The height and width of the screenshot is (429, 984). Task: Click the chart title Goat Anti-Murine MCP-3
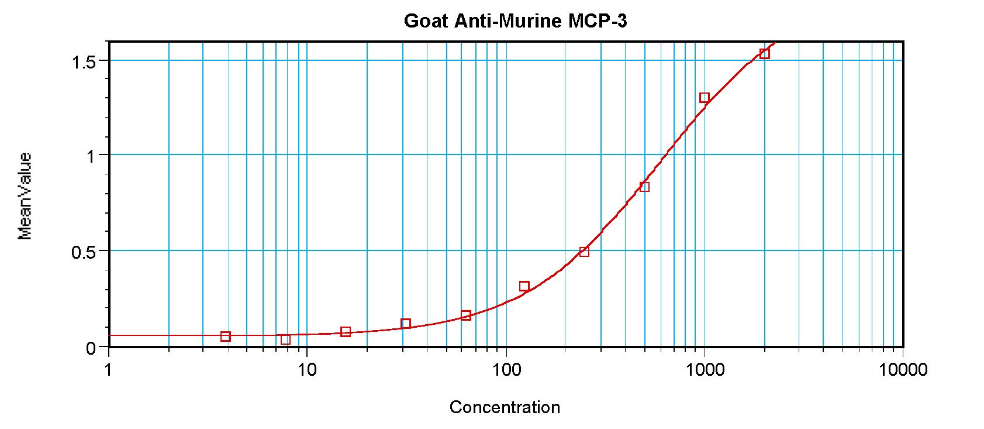[x=515, y=21]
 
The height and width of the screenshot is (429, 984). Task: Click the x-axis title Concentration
[x=505, y=407]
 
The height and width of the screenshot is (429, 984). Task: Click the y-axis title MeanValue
[x=25, y=195]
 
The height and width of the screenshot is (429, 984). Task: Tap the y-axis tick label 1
[x=91, y=156]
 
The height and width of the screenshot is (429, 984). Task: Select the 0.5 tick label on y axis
[x=84, y=252]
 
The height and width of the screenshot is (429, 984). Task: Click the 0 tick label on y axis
[x=91, y=348]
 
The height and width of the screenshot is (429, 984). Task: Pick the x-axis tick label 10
[x=307, y=370]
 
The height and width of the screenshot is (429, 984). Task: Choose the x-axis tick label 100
[x=506, y=370]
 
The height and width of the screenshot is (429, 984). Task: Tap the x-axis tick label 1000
[x=705, y=370]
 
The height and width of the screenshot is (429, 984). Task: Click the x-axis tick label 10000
[x=903, y=370]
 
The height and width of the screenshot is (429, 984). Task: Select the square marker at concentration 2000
[x=764, y=54]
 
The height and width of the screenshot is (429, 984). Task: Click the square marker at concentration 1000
[x=705, y=98]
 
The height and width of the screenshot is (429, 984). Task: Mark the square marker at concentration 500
[x=644, y=187]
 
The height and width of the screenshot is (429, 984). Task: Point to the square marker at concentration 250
[x=584, y=252]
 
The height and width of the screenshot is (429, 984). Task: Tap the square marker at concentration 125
[x=524, y=286]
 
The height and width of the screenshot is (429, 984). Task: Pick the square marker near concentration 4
[x=226, y=337]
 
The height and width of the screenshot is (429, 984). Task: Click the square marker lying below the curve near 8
[x=285, y=339]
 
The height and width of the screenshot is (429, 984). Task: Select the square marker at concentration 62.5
[x=465, y=315]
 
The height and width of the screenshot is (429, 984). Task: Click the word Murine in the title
[x=531, y=21]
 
